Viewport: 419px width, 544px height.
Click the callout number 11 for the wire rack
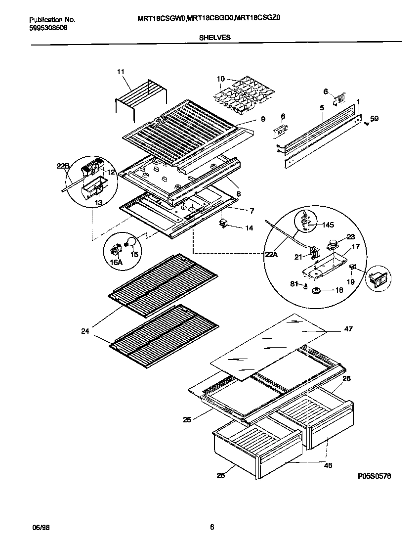click(x=121, y=72)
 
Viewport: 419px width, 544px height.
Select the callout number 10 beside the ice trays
click(x=220, y=79)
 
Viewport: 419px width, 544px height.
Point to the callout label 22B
click(x=61, y=166)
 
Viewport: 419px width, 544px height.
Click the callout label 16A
click(x=116, y=263)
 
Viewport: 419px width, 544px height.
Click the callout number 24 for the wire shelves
click(x=85, y=331)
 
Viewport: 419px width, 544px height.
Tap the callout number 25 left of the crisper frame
click(x=187, y=420)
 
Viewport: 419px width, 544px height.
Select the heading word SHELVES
click(x=214, y=37)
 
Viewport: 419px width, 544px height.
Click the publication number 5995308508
click(x=49, y=28)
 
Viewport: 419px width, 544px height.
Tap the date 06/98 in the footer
click(x=40, y=527)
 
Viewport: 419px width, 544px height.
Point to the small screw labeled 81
click(x=306, y=285)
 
